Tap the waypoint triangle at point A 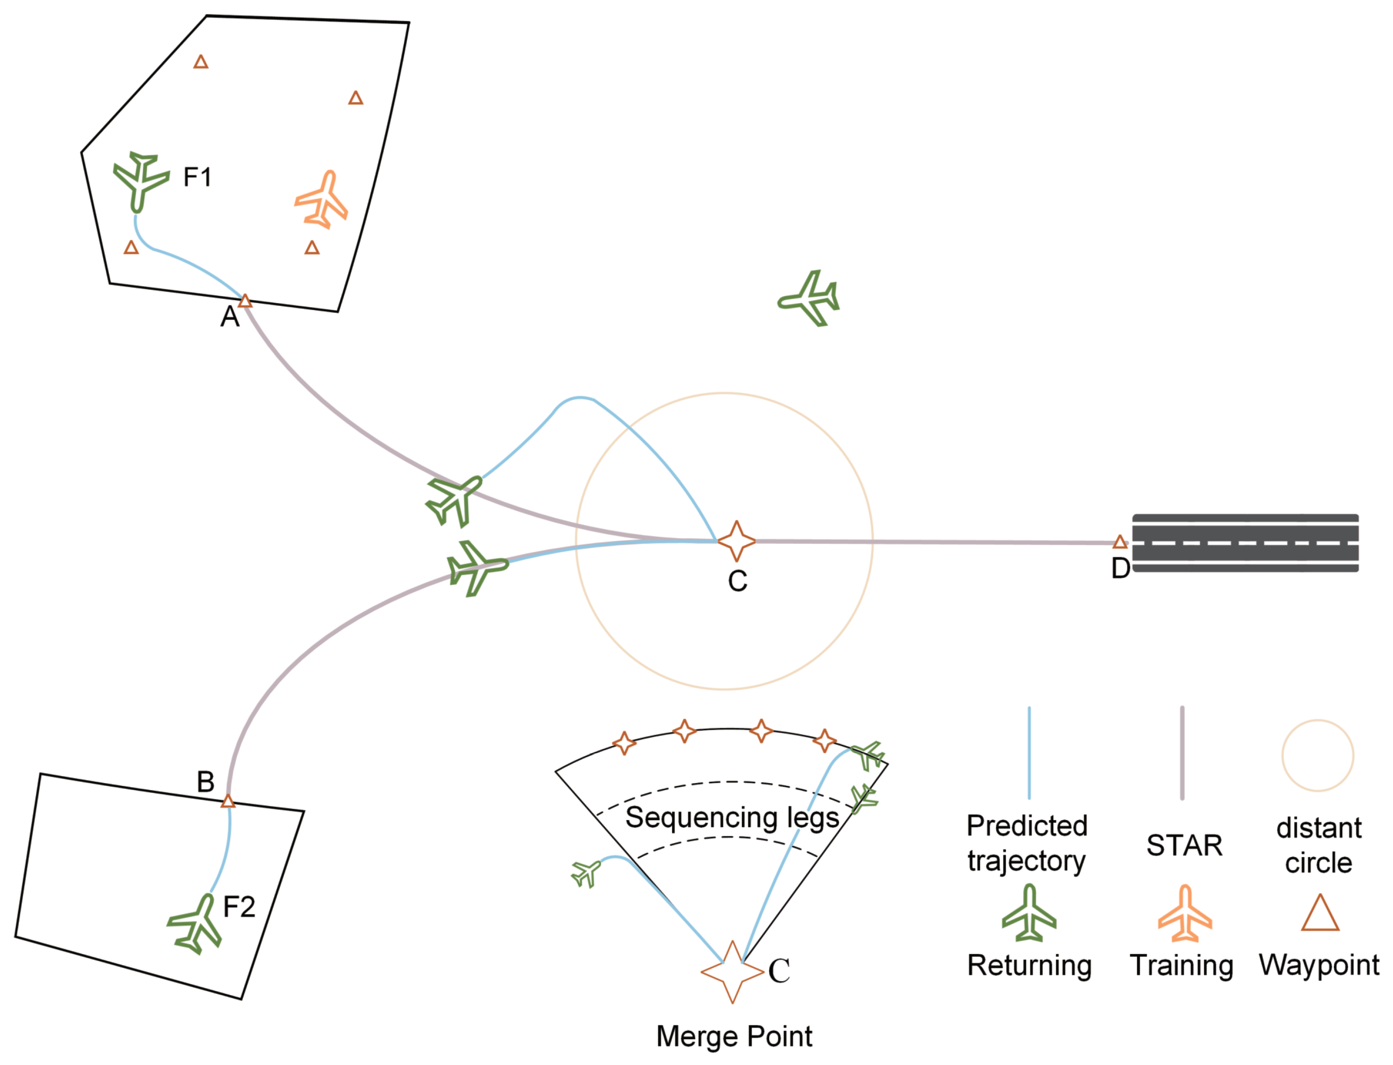pyautogui.click(x=245, y=301)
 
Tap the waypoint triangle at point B pyautogui.click(x=228, y=802)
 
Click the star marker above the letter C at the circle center pyautogui.click(x=736, y=541)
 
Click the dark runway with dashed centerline pyautogui.click(x=1246, y=543)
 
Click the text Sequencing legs pyautogui.click(x=732, y=818)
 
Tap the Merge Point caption pyautogui.click(x=734, y=1036)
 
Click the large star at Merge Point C pyautogui.click(x=732, y=972)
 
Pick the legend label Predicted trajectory pyautogui.click(x=1026, y=843)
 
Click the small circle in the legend pyautogui.click(x=1318, y=755)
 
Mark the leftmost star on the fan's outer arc pyautogui.click(x=624, y=743)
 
